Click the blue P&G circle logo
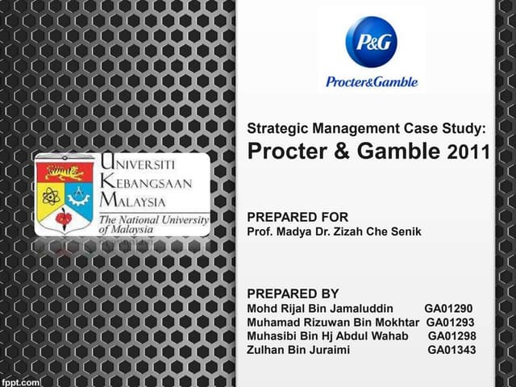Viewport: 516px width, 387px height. point(371,44)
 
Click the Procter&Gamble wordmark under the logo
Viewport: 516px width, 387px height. point(370,81)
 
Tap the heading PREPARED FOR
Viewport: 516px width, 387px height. point(298,217)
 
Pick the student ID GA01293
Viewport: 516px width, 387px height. point(451,322)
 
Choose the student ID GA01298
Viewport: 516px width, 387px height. point(451,336)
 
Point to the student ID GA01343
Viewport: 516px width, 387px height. point(451,350)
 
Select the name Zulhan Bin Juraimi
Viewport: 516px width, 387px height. point(298,350)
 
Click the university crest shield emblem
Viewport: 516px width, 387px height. point(64,196)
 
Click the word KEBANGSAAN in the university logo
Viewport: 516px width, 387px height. point(145,183)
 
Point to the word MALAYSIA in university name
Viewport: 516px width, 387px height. point(133,201)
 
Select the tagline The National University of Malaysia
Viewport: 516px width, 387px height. point(152,223)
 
